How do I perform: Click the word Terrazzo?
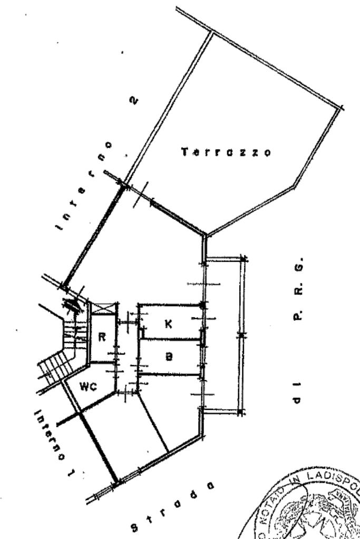[226, 152]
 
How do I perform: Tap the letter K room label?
[168, 324]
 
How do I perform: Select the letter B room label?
[169, 357]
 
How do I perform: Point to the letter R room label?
[103, 338]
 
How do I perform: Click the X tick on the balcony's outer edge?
[241, 335]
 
